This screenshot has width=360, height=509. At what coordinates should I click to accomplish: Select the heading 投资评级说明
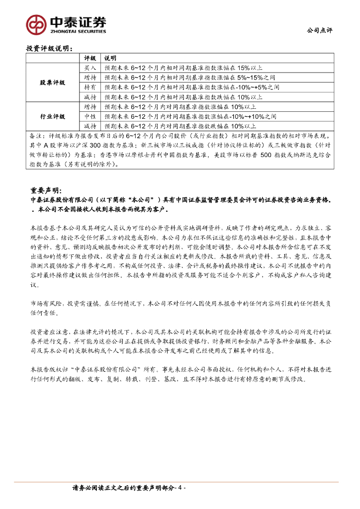point(49,49)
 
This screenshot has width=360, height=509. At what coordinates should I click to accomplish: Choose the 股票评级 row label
point(52,83)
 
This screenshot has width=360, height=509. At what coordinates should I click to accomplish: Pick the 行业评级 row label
point(52,116)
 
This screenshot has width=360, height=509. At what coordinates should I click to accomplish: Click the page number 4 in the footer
point(181,488)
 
